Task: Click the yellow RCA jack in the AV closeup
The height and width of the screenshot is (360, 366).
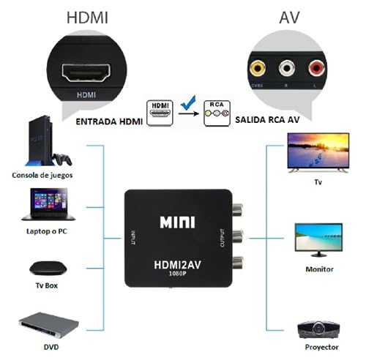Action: coord(258,70)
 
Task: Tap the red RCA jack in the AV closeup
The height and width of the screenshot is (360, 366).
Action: coord(315,70)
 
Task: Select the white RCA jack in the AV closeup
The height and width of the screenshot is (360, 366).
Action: coord(286,70)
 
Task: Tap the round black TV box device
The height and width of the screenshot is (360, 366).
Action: coord(42,266)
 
